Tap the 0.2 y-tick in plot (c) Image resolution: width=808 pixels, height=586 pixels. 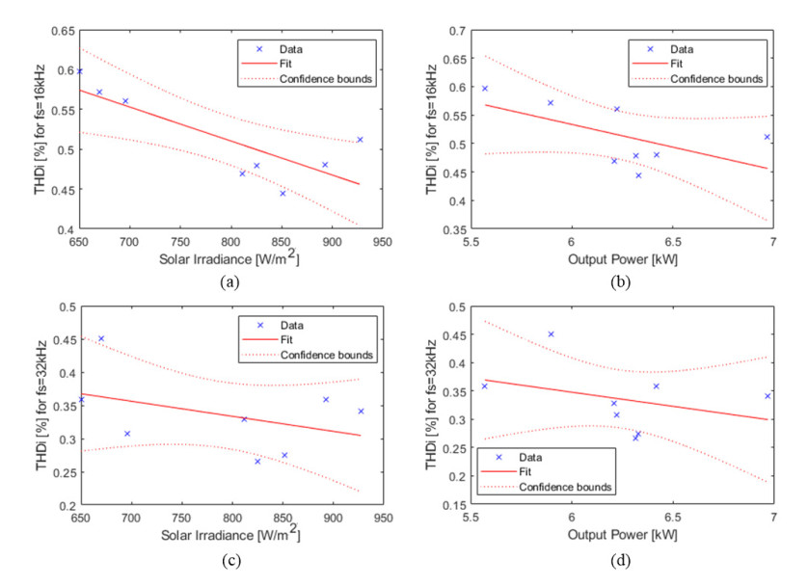66,505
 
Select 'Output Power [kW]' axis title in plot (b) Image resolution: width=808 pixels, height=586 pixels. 622,257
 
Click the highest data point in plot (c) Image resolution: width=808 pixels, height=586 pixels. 101,338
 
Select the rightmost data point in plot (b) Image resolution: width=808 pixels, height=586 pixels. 768,137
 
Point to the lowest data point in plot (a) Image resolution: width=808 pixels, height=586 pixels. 283,194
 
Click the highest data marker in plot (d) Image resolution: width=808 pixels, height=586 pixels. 552,334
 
